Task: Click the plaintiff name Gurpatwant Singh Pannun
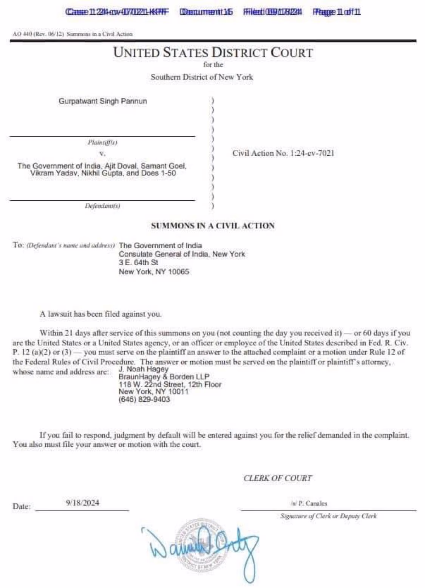[103, 101]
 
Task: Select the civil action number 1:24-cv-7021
[283, 153]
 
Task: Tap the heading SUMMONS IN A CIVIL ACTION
[213, 226]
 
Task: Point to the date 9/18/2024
[82, 503]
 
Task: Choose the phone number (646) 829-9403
[144, 399]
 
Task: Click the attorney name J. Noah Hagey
[144, 369]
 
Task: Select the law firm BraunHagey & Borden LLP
[164, 377]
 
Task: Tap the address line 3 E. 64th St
[138, 263]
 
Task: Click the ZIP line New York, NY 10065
[154, 272]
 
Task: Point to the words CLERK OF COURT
[278, 478]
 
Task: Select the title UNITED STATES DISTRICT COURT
[213, 53]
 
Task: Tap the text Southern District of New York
[202, 77]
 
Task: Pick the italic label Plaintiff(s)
[102, 142]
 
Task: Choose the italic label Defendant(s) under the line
[102, 206]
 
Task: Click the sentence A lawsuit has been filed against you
[100, 314]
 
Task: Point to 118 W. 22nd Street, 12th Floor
[170, 384]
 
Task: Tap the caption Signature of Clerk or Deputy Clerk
[328, 516]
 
